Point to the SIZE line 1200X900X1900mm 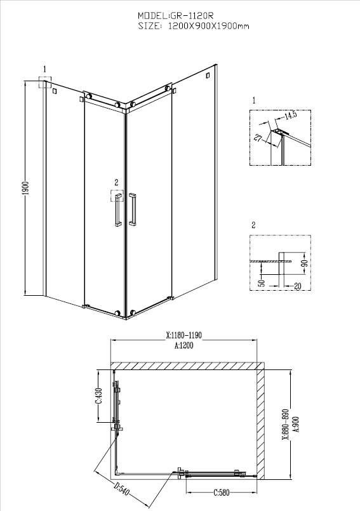[208, 26]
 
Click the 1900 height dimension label [27, 189]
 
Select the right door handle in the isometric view [133, 209]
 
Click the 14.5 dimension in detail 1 [290, 116]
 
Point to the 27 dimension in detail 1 [258, 138]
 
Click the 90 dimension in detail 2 [305, 263]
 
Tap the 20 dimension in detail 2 [297, 286]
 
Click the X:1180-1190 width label [184, 335]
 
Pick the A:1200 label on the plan [183, 345]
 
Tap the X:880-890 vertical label [286, 424]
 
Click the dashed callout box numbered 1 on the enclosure [44, 82]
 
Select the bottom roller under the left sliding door [117, 313]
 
